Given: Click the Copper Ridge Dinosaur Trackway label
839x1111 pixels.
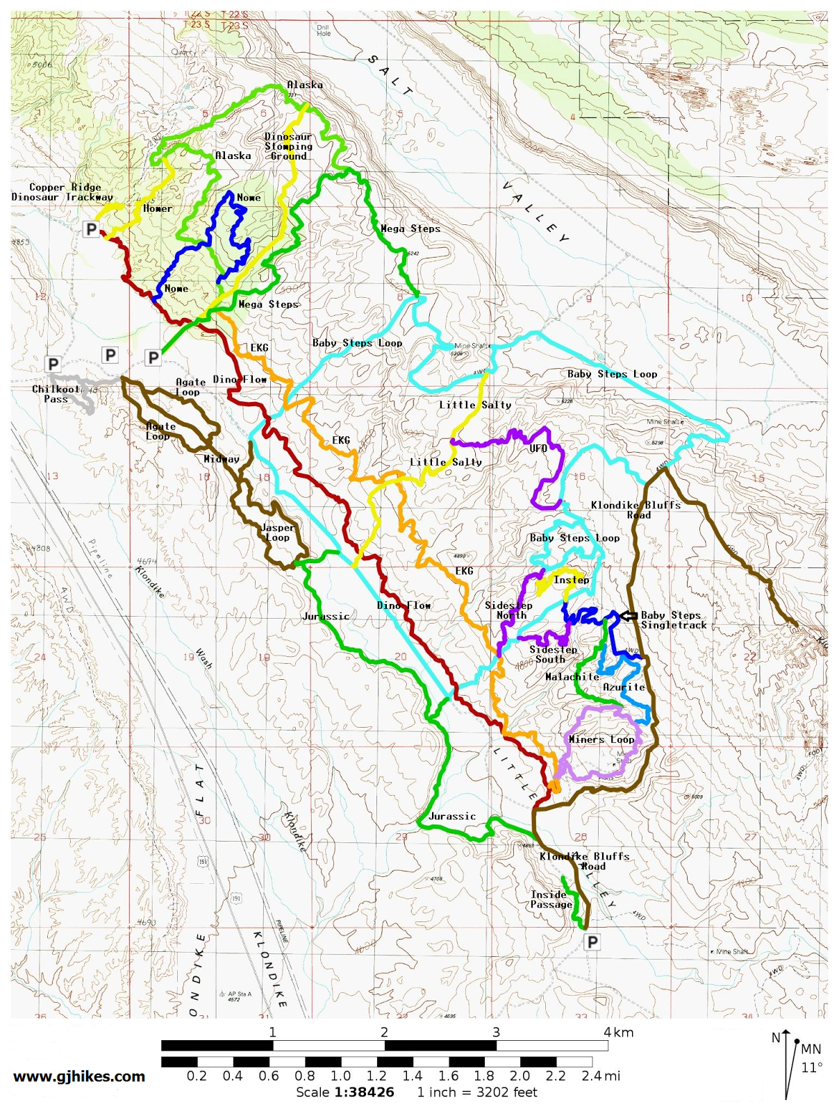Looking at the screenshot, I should [x=63, y=192].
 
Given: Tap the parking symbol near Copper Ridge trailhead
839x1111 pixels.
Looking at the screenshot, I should [x=91, y=229].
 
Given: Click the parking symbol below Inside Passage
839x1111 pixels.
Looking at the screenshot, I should [x=592, y=942].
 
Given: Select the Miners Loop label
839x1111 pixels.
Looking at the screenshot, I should [x=601, y=740].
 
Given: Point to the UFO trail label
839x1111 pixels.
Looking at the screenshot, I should [x=538, y=449].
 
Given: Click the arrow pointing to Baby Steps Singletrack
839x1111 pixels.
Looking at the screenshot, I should [x=629, y=616].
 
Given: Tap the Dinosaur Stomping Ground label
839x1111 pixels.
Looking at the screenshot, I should [x=288, y=147].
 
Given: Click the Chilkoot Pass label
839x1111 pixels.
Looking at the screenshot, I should [x=56, y=394].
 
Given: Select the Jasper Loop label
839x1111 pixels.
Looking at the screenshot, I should [x=277, y=533].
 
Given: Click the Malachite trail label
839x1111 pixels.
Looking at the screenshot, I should [x=572, y=676].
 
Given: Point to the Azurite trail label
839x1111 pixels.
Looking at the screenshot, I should [x=624, y=687].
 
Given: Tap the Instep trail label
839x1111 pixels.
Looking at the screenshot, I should [x=571, y=580].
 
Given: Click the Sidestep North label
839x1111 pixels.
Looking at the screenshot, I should [x=509, y=610].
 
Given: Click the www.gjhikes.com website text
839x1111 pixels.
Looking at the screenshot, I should [x=79, y=1076].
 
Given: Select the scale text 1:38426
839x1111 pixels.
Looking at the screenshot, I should [x=364, y=1092].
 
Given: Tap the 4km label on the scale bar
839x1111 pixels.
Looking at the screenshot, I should [x=618, y=1033].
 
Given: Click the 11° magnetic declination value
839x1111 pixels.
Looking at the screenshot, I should [x=811, y=1067].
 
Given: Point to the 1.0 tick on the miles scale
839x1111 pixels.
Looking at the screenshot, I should [x=340, y=1076].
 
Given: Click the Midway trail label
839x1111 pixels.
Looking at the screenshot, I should [x=222, y=459].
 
